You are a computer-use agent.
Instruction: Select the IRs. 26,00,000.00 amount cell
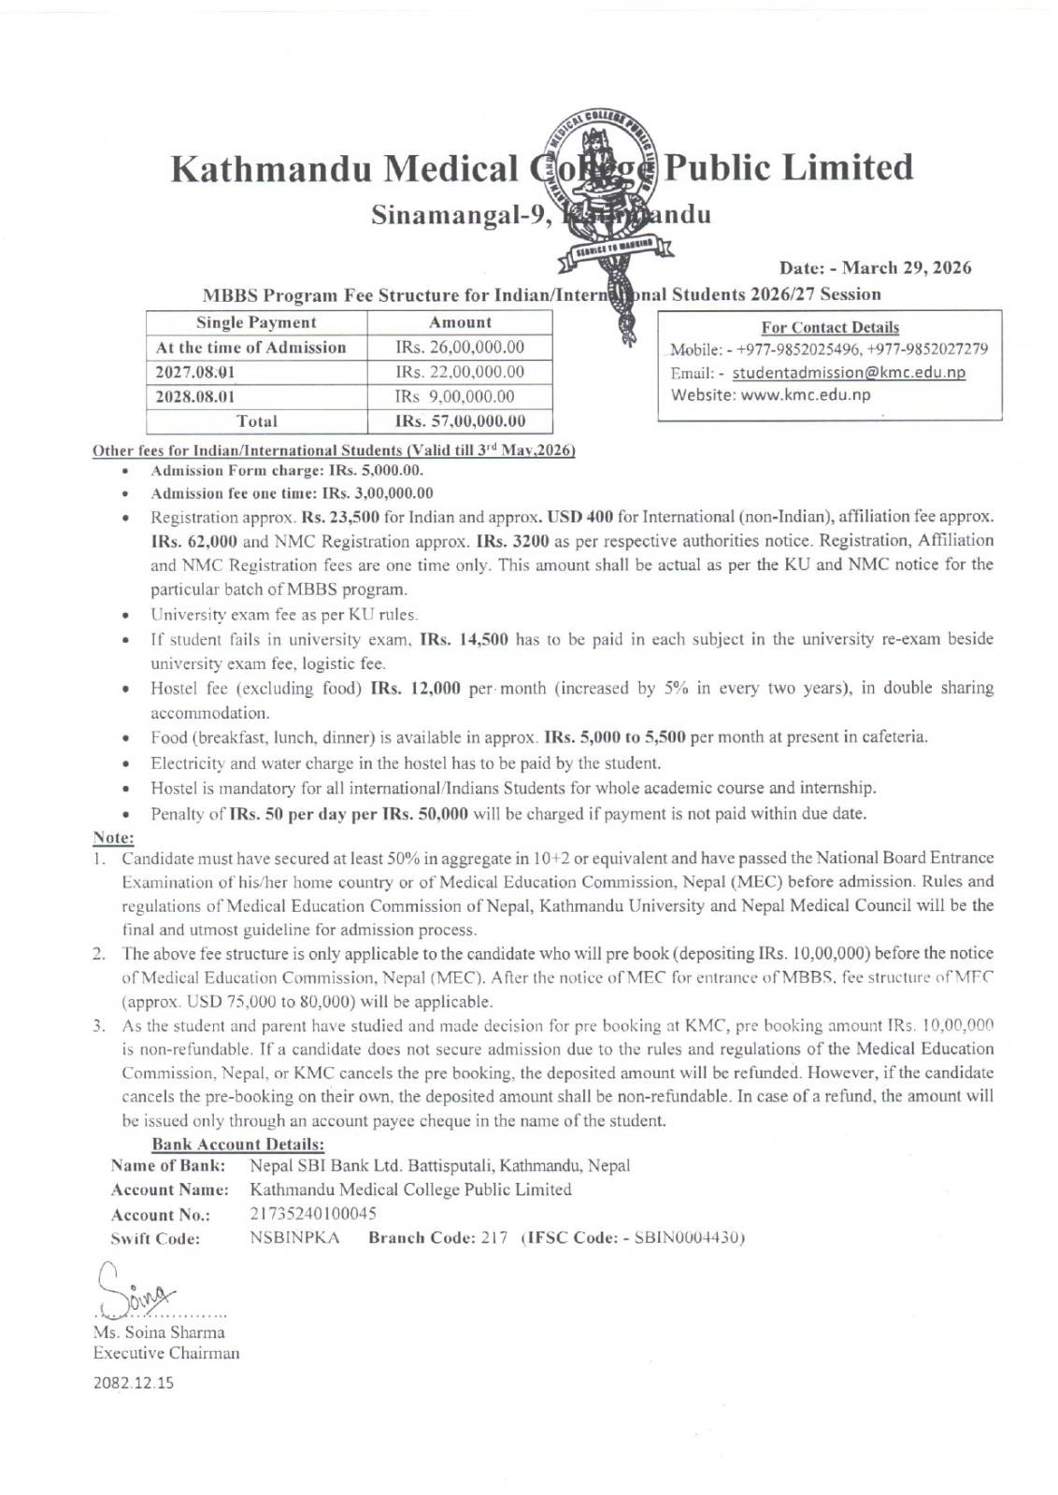coord(460,348)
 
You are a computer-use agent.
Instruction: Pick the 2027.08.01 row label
coord(195,372)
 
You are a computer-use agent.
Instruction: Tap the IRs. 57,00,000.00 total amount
coord(460,421)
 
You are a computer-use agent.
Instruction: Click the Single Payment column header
coord(256,322)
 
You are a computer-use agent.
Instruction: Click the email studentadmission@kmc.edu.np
coord(848,373)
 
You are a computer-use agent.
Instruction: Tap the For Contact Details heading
coord(830,327)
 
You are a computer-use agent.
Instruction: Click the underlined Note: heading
coord(114,837)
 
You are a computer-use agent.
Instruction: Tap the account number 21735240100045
coord(313,1214)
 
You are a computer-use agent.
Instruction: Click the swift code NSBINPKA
coord(294,1238)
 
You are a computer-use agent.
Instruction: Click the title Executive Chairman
coord(166,1353)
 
